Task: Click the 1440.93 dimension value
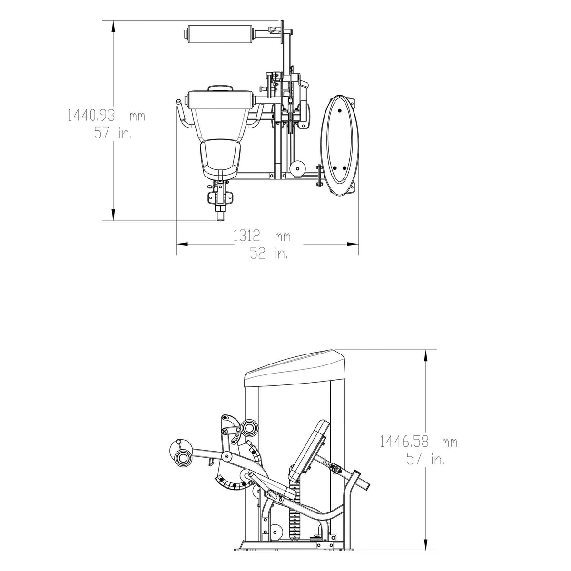91,115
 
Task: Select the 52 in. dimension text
269,253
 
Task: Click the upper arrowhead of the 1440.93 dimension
113,26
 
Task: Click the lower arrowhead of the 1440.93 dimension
113,215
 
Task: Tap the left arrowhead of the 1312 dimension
182,244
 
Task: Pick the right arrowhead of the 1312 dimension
353,244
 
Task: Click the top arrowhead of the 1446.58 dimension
426,355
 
